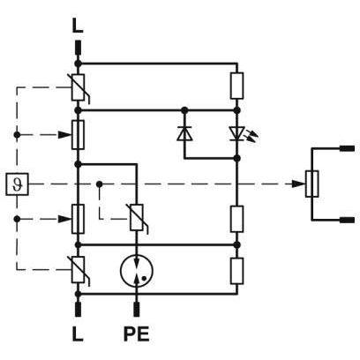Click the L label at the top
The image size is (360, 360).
(78, 26)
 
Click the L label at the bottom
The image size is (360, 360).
(78, 334)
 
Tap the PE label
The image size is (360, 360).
(136, 334)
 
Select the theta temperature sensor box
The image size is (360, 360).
(17, 184)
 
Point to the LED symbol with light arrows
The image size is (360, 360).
(240, 134)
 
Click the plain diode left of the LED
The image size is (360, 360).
(184, 134)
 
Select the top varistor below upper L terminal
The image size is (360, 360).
(79, 87)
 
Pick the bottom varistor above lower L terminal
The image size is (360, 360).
(79, 270)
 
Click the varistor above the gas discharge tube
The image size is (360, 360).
(137, 218)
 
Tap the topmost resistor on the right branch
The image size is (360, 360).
(236, 86)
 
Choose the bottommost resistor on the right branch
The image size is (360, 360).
(236, 271)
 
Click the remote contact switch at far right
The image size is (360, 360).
(311, 184)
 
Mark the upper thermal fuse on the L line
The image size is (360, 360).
(78, 135)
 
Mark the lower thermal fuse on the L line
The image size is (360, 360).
(78, 219)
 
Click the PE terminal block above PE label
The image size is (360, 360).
(137, 310)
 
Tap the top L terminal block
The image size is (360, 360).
(78, 48)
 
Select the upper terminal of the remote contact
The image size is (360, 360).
(348, 148)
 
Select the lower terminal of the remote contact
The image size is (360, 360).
(348, 220)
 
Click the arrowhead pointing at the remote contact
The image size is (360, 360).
(299, 184)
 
